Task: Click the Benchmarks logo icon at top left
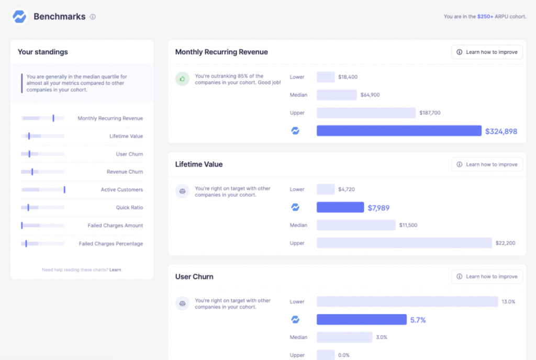pyautogui.click(x=19, y=17)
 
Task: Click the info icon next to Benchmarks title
pyautogui.click(x=93, y=17)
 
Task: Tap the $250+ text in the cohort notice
pyautogui.click(x=484, y=17)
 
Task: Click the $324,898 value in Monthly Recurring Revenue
pyautogui.click(x=501, y=131)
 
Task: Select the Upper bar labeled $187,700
pyautogui.click(x=365, y=113)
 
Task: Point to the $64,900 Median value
pyautogui.click(x=370, y=95)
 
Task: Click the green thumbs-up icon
pyautogui.click(x=182, y=79)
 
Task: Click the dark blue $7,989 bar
pyautogui.click(x=340, y=207)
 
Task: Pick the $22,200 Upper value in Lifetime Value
pyautogui.click(x=505, y=243)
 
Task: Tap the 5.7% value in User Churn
pyautogui.click(x=418, y=320)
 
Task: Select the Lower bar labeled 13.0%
pyautogui.click(x=407, y=301)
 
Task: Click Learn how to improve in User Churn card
pyautogui.click(x=487, y=276)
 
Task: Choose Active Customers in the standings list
pyautogui.click(x=122, y=190)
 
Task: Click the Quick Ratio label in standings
pyautogui.click(x=129, y=208)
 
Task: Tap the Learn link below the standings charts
pyautogui.click(x=115, y=269)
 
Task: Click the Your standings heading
pyautogui.click(x=43, y=52)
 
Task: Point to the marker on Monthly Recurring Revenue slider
pyautogui.click(x=53, y=118)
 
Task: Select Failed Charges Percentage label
pyautogui.click(x=110, y=244)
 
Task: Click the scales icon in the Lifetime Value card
pyautogui.click(x=182, y=191)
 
